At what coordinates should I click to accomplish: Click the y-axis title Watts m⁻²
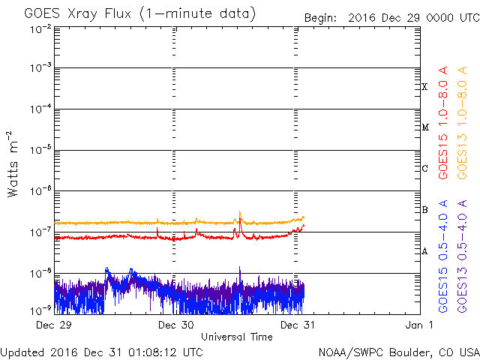pyautogui.click(x=13, y=163)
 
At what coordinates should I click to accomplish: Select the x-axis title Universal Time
pyautogui.click(x=236, y=337)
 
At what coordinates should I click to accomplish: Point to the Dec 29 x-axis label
pyautogui.click(x=55, y=325)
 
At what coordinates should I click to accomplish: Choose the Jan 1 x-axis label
pyautogui.click(x=415, y=325)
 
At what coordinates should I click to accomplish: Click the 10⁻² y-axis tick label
pyautogui.click(x=40, y=28)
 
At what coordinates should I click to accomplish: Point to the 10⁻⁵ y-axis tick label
pyautogui.click(x=40, y=151)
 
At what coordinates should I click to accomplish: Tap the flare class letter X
pyautogui.click(x=424, y=87)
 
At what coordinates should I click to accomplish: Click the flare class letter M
pyautogui.click(x=424, y=127)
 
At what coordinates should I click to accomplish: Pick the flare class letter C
pyautogui.click(x=424, y=169)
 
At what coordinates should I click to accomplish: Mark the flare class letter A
pyautogui.click(x=424, y=251)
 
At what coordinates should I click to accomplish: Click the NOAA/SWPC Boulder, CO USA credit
pyautogui.click(x=398, y=351)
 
